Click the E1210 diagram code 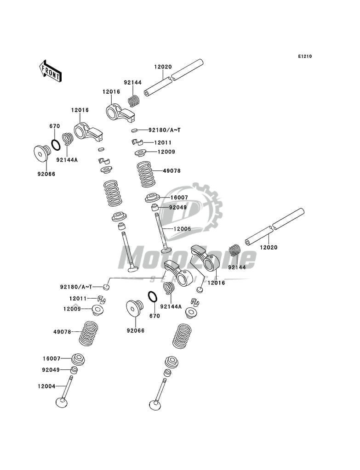tap(305, 57)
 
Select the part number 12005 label tap(183, 228)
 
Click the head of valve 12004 tap(63, 402)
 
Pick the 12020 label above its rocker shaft tap(163, 67)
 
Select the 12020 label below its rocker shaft tap(269, 248)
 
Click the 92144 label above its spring tap(132, 83)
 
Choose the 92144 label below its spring tap(236, 267)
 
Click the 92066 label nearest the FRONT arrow tap(46, 174)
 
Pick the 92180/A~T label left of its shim tap(76, 287)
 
